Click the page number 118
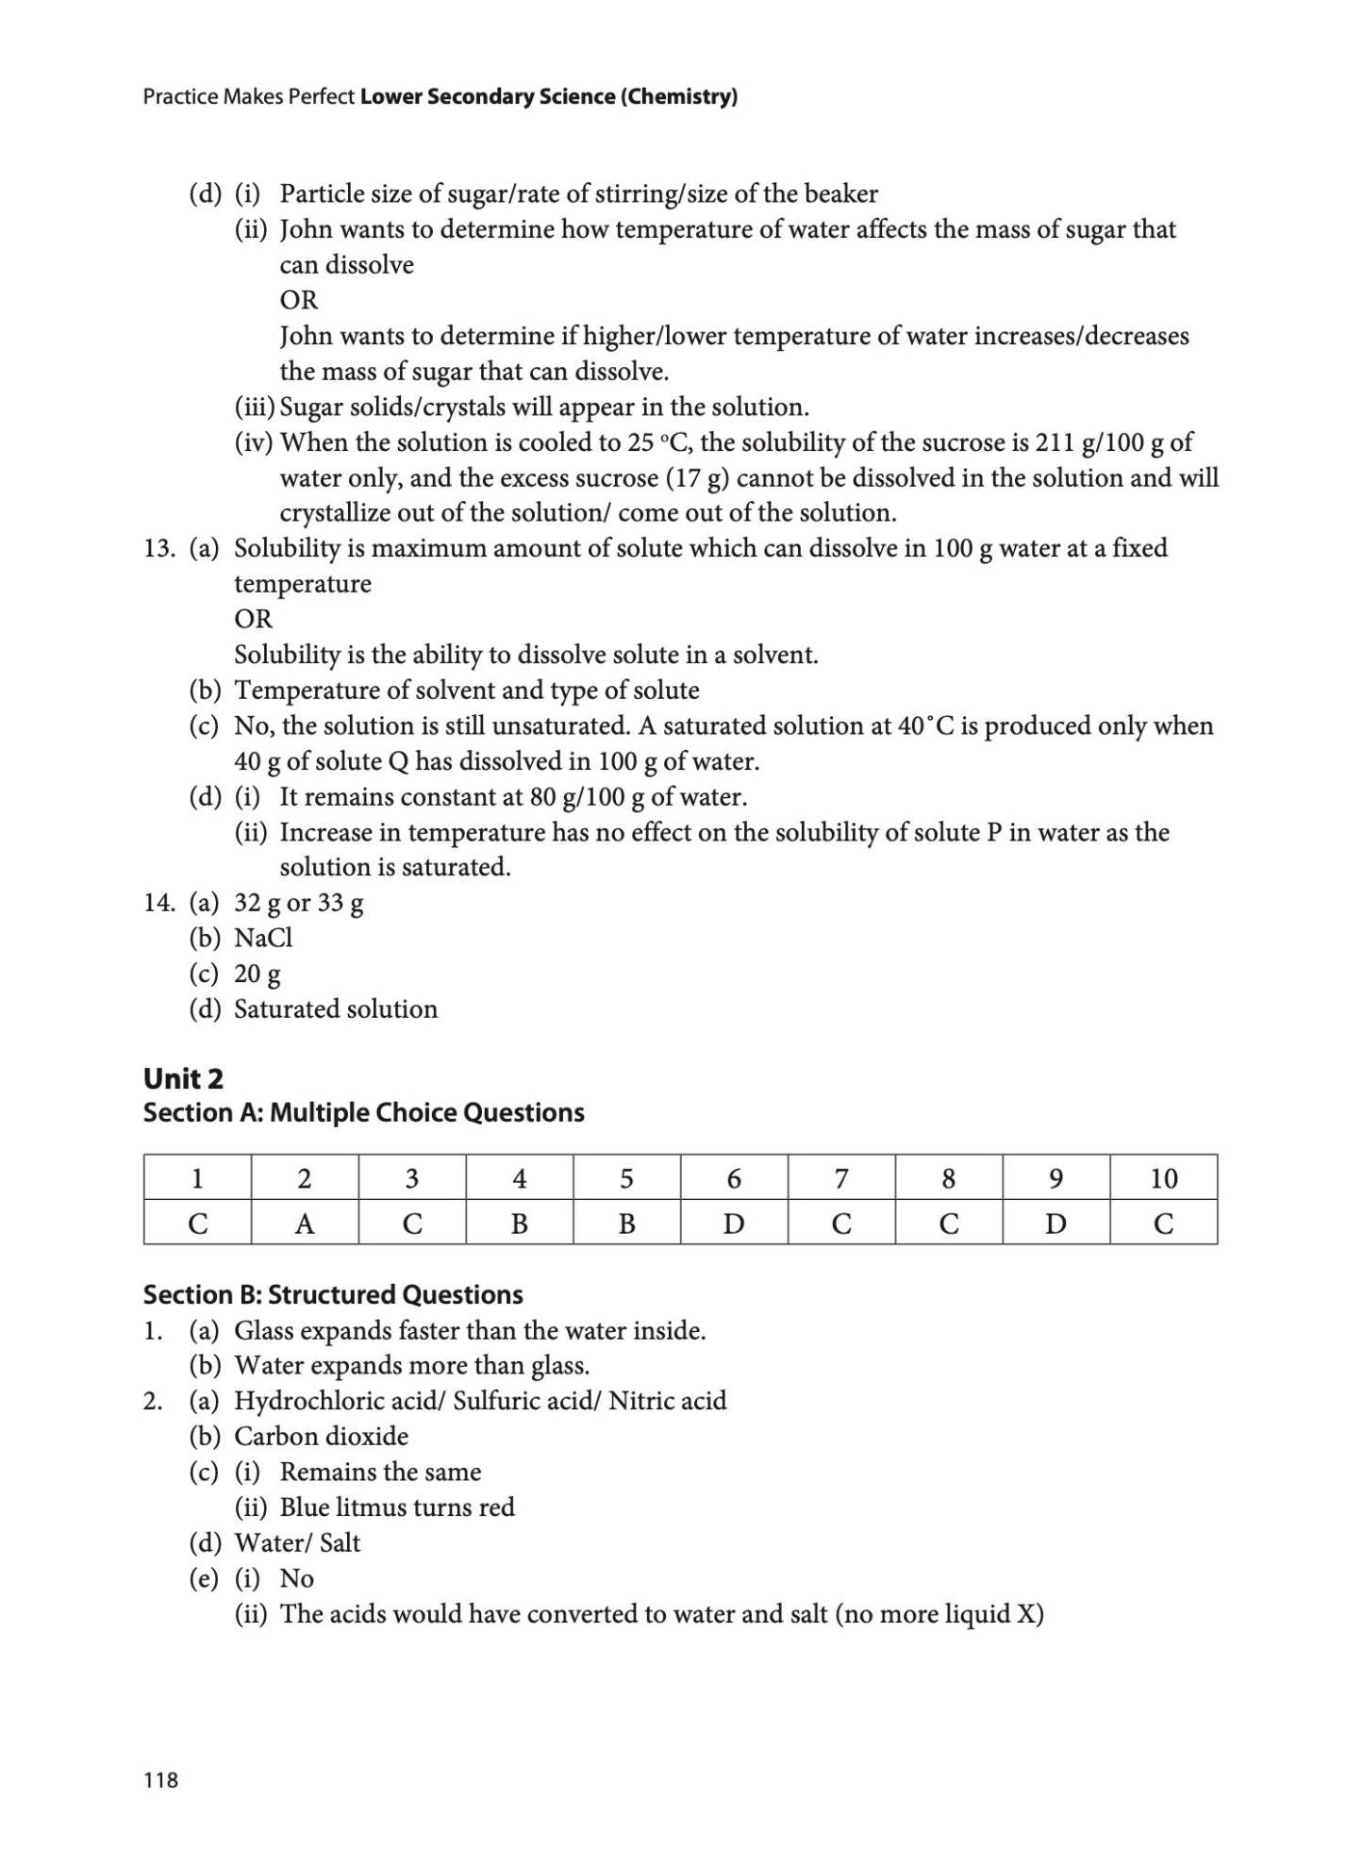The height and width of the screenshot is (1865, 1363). pyautogui.click(x=160, y=1779)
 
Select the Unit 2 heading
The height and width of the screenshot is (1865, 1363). pyautogui.click(x=183, y=1078)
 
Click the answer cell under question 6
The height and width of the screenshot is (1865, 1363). pyautogui.click(x=733, y=1223)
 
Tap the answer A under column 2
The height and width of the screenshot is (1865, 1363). pyautogui.click(x=304, y=1224)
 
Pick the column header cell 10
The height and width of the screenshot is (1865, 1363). pyautogui.click(x=1163, y=1178)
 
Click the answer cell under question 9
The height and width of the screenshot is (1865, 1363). pyautogui.click(x=1055, y=1223)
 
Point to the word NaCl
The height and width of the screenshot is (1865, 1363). pyautogui.click(x=263, y=938)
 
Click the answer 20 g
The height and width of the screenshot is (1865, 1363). pyautogui.click(x=257, y=974)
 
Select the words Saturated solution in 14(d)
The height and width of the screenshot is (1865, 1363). pyautogui.click(x=336, y=1009)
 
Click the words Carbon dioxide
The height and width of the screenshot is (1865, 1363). pyautogui.click(x=321, y=1436)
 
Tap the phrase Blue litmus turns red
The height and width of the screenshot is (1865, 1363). pyautogui.click(x=397, y=1507)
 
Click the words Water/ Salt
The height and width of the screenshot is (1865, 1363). pyautogui.click(x=297, y=1542)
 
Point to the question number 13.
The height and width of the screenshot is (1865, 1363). pyautogui.click(x=158, y=548)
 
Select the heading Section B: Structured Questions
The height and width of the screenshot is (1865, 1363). pyautogui.click(x=332, y=1294)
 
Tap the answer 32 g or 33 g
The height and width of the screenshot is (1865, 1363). pyautogui.click(x=298, y=903)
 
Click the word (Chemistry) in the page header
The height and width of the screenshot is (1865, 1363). pyautogui.click(x=679, y=96)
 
